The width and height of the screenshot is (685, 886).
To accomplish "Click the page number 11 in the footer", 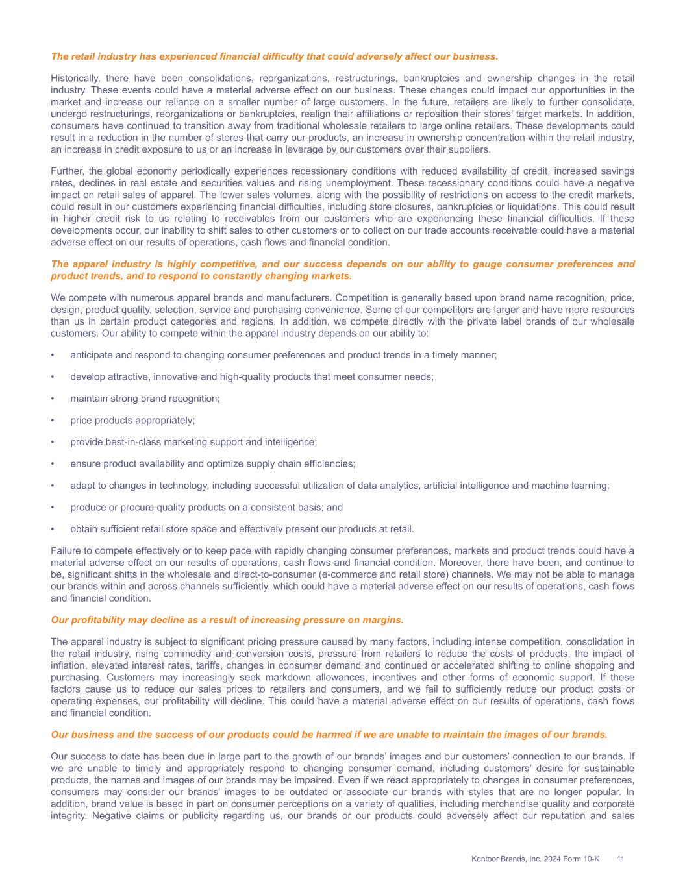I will pos(620,859).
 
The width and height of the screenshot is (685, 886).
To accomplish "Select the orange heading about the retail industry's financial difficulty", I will pos(274,56).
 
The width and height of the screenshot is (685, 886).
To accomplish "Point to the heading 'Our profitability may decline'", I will pos(227,620).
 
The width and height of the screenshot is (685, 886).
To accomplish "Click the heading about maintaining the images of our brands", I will pos(329,735).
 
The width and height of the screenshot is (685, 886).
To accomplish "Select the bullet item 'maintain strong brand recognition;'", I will pos(145,399).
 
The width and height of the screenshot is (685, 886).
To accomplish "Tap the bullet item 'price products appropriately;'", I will pos(132,420).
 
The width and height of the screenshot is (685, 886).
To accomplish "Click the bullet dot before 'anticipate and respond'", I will pos(53,355).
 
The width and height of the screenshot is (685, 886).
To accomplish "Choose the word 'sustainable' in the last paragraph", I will pos(606,768).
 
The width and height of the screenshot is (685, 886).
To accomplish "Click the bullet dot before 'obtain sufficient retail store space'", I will pos(53,529).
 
